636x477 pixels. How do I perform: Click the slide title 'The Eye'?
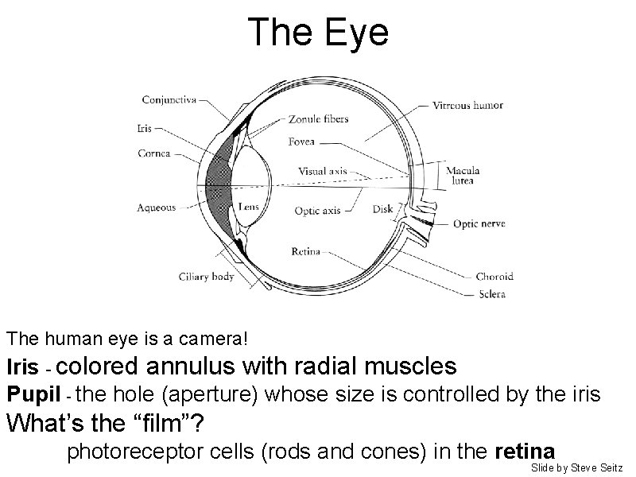[x=318, y=33]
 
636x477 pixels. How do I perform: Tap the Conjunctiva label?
[x=170, y=99]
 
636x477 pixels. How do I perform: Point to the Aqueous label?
[x=157, y=207]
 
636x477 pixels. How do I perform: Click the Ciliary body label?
[x=206, y=276]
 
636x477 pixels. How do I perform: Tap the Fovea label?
[x=302, y=142]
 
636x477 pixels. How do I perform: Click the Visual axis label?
[x=323, y=171]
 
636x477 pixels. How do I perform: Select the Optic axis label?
[x=318, y=211]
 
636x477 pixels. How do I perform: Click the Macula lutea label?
[x=461, y=175]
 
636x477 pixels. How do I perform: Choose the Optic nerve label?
[x=479, y=224]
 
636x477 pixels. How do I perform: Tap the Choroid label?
[x=494, y=277]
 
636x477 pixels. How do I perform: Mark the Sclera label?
[x=491, y=293]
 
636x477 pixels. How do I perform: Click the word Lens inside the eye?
[x=247, y=206]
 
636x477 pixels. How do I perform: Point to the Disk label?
[x=382, y=210]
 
